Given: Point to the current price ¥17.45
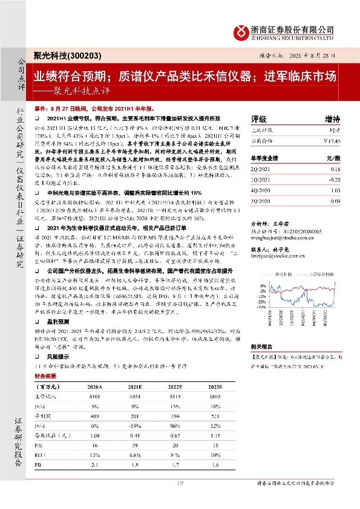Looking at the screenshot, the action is pos(332,141).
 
